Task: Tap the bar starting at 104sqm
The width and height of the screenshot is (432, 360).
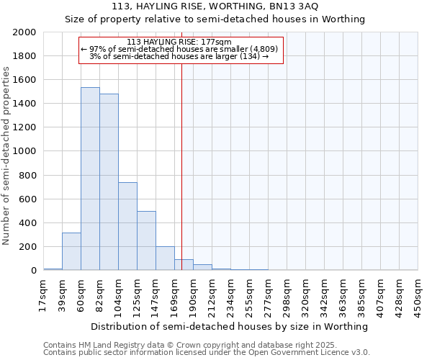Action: [127, 226]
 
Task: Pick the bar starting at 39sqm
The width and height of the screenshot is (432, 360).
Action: [71, 251]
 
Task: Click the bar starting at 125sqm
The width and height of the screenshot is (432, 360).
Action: [146, 240]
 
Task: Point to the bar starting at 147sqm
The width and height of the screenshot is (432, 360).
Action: [165, 258]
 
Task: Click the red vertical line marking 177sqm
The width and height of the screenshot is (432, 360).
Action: [182, 166]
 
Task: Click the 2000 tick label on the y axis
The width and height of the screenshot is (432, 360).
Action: [25, 32]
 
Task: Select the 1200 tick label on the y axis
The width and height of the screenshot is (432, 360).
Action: [25, 127]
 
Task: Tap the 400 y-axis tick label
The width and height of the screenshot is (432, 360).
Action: [28, 222]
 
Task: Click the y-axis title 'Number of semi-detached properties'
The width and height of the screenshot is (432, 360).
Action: [7, 155]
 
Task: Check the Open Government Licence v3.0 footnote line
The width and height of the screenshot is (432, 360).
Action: [206, 353]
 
